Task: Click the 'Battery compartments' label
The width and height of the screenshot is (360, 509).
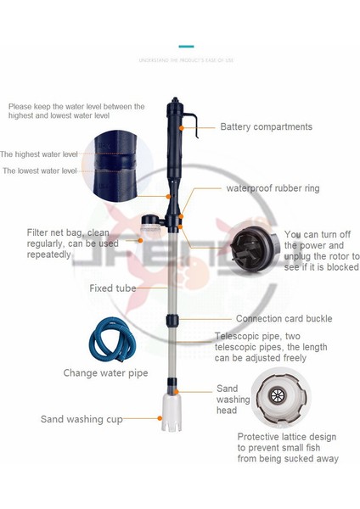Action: (x=266, y=127)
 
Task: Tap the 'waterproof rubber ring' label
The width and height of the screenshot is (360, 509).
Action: (x=273, y=188)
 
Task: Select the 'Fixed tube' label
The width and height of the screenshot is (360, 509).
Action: (x=113, y=288)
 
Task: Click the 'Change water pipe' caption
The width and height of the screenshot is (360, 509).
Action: (x=105, y=372)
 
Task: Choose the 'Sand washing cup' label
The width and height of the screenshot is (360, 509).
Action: (x=81, y=419)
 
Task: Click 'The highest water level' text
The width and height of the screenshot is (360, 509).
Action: (x=38, y=154)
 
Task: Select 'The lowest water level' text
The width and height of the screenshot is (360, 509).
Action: (x=40, y=171)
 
